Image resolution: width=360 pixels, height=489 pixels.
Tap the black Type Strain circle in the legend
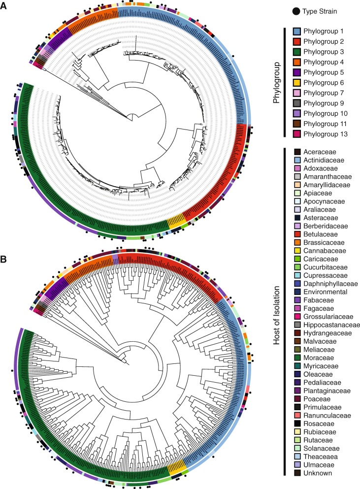tap(296, 10)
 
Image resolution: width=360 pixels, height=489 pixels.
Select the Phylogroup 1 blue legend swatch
tap(296, 31)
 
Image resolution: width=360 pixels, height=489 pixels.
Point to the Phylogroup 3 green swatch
tap(296, 52)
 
